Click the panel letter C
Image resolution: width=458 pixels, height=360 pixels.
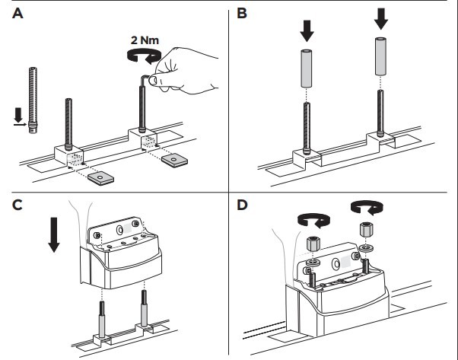coord(16,206)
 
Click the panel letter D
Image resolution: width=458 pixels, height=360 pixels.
coord(241,206)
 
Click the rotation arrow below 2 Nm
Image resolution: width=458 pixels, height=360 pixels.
coord(145,55)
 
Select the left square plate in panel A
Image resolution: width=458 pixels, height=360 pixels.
coord(99,177)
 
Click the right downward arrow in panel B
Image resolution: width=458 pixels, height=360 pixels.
coord(380,19)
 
